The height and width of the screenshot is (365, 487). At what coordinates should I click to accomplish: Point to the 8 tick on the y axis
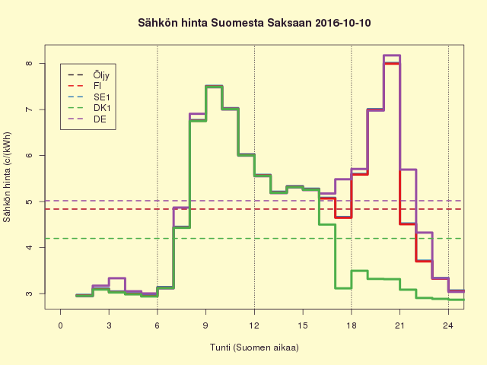29,63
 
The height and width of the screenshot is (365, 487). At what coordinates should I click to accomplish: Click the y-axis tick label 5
29,202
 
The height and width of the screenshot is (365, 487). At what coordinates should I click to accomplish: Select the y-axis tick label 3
29,294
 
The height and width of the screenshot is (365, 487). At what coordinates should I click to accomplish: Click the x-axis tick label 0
61,325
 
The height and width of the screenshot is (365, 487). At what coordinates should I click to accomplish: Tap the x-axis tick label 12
254,325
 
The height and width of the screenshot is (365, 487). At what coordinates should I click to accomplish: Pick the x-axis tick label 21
399,325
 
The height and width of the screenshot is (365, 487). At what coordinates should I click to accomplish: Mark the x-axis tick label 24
448,325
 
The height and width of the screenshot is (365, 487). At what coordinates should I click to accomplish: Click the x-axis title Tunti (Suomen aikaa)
254,348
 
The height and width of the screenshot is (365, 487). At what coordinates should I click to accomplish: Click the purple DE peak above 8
391,56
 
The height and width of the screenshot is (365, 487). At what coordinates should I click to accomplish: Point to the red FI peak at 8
391,64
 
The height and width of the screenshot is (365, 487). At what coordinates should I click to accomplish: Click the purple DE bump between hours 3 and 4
117,278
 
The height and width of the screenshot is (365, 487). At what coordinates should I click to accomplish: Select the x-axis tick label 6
158,325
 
